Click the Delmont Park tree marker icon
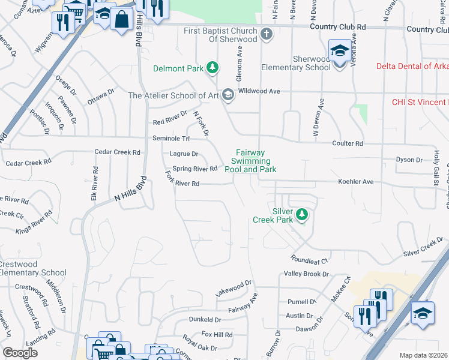tap(212, 68)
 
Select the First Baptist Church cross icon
tap(267, 35)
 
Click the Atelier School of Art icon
tap(228, 95)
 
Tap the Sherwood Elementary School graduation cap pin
tap(339, 52)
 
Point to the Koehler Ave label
tap(355, 181)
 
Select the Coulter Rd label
tap(348, 143)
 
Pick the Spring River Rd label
tap(194, 169)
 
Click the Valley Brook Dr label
tap(306, 274)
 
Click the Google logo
tap(20, 353)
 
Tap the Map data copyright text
tap(423, 355)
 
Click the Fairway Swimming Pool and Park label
tap(250, 161)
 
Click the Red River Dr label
tap(170, 122)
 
